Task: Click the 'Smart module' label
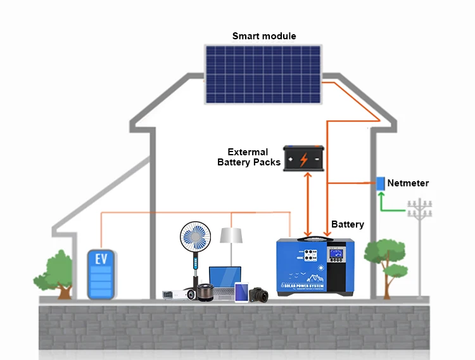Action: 264,36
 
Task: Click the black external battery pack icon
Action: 304,158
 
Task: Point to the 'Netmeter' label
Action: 408,183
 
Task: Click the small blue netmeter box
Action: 380,184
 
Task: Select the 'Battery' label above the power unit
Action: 348,224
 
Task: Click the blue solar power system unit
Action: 315,265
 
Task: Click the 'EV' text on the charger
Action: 101,259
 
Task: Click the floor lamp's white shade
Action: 232,235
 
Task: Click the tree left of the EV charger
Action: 61,270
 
